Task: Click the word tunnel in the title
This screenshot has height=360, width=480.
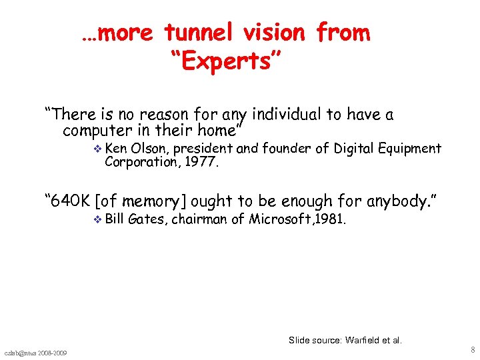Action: [x=198, y=32]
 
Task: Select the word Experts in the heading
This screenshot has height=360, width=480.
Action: [x=228, y=62]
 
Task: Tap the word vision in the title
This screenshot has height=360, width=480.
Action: [x=276, y=32]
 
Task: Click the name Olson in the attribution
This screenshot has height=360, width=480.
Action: [x=151, y=148]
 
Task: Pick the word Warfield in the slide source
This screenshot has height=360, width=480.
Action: [x=365, y=340]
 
